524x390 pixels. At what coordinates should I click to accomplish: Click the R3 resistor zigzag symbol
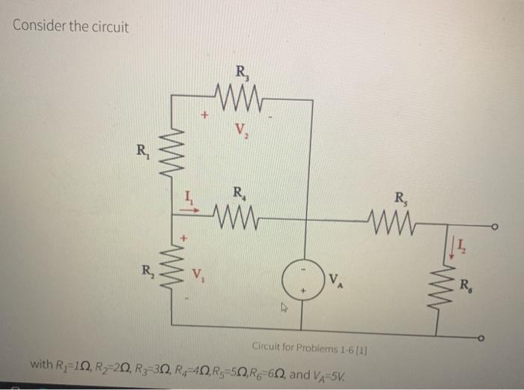pyautogui.click(x=241, y=95)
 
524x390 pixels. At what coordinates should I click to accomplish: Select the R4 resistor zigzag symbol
pyautogui.click(x=239, y=219)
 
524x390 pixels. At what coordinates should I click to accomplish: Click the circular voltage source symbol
pyautogui.click(x=305, y=280)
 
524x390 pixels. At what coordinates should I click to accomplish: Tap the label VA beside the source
pyautogui.click(x=335, y=281)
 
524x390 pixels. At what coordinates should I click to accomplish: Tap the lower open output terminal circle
pyautogui.click(x=495, y=341)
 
